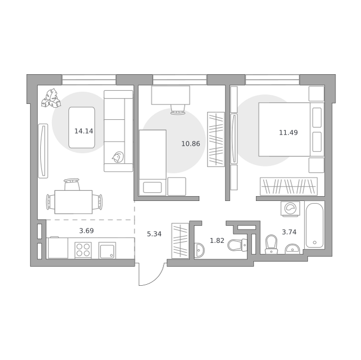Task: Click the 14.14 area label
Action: (83, 131)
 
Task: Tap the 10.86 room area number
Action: (191, 144)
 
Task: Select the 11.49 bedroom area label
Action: (288, 133)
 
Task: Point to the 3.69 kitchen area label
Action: (87, 231)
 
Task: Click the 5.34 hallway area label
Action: (154, 234)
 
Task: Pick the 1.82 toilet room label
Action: (217, 241)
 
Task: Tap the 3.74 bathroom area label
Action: (289, 232)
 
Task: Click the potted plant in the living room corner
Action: (51, 98)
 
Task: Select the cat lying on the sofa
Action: (118, 157)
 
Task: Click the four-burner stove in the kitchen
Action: (83, 250)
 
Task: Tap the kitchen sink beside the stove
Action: (107, 250)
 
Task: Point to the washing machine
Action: (290, 208)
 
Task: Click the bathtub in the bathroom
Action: (314, 225)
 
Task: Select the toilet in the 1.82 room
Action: (237, 245)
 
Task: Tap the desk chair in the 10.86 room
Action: (178, 109)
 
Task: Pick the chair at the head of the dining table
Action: (72, 185)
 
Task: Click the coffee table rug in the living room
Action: (82, 128)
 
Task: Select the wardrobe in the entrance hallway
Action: (180, 241)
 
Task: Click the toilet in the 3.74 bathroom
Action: (271, 244)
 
